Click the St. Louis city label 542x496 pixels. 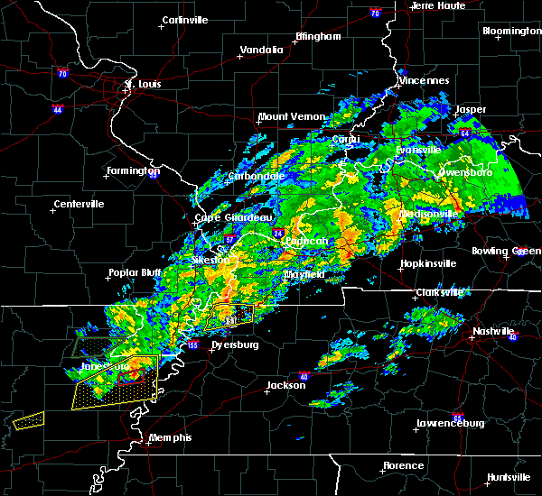[x=142, y=85]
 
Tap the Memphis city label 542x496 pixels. [x=171, y=437]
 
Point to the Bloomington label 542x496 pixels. [x=511, y=31]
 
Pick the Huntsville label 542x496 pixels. [x=509, y=476]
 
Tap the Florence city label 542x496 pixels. [x=403, y=465]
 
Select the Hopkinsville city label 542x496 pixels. [x=430, y=263]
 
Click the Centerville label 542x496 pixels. [x=79, y=204]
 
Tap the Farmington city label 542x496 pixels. [x=134, y=170]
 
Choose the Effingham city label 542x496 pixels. [x=318, y=37]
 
